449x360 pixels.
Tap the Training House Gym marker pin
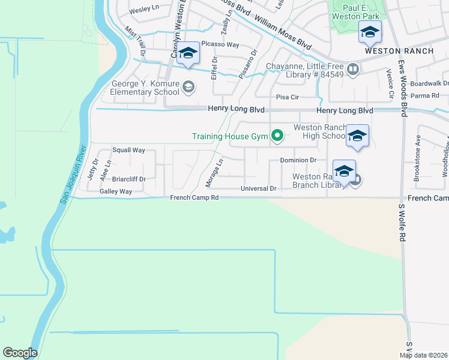coord(277,137)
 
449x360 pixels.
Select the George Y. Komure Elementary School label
coord(145,88)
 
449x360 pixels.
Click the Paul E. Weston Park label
coord(360,13)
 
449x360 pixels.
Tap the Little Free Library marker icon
coord(353,69)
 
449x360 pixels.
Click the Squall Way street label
coord(129,150)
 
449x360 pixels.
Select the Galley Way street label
coord(116,191)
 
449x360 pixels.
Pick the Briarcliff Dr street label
coord(129,179)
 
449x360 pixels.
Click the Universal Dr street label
coord(258,188)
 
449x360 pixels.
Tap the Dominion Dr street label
coord(298,160)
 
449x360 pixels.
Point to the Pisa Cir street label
coord(287,97)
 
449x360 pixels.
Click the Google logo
coord(20,353)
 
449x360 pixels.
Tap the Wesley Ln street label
coord(143,10)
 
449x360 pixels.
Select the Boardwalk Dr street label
coord(429,83)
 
